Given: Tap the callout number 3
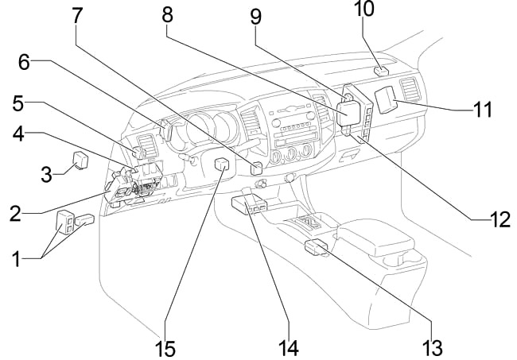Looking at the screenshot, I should click(46, 173).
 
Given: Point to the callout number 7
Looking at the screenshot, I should click(76, 14).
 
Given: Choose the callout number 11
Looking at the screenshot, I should click(483, 109).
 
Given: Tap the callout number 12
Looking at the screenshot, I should click(499, 220).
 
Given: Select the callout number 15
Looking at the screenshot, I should click(165, 347).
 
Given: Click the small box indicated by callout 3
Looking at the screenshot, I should click(80, 159).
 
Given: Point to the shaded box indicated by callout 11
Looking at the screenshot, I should click(387, 99).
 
